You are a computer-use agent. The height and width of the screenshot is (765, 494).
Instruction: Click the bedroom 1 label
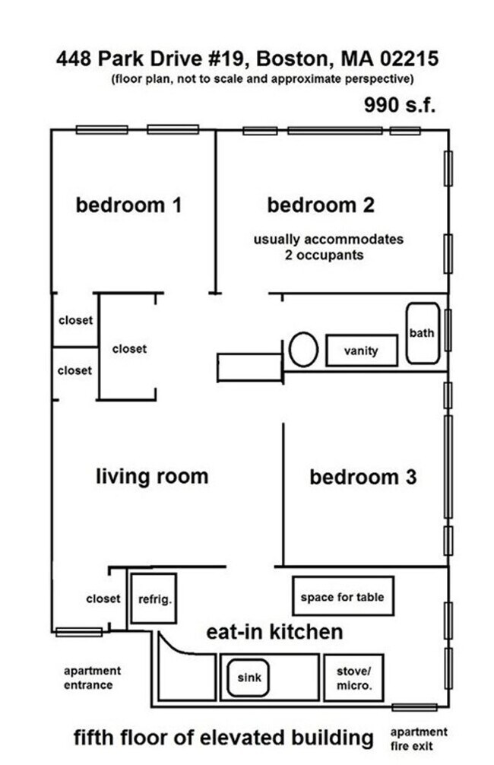(128, 205)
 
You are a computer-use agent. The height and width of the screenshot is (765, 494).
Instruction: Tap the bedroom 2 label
(321, 205)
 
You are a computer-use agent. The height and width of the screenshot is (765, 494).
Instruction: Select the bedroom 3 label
(363, 478)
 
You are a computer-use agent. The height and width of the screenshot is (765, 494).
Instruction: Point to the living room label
(152, 477)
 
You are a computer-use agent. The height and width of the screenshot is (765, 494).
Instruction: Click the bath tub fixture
(422, 333)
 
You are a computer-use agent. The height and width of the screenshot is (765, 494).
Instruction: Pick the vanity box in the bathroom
(361, 351)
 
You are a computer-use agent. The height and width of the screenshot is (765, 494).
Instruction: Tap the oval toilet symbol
(303, 350)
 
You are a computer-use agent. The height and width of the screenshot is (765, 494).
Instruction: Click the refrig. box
(154, 598)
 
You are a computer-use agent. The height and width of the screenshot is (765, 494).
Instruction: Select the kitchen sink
(247, 676)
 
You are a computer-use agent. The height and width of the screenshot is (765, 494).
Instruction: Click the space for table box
(342, 597)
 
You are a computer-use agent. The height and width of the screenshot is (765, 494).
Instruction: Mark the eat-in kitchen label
(274, 632)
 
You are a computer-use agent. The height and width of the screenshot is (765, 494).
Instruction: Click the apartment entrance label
(92, 678)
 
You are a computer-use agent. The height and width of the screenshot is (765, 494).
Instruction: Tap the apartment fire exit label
(419, 738)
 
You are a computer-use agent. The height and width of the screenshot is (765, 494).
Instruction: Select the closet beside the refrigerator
(103, 598)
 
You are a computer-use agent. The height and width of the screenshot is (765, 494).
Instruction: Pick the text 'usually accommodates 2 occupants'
(328, 247)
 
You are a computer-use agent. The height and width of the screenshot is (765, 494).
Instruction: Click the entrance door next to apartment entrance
(78, 632)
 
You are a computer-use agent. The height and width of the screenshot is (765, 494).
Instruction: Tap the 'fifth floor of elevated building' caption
(223, 737)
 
